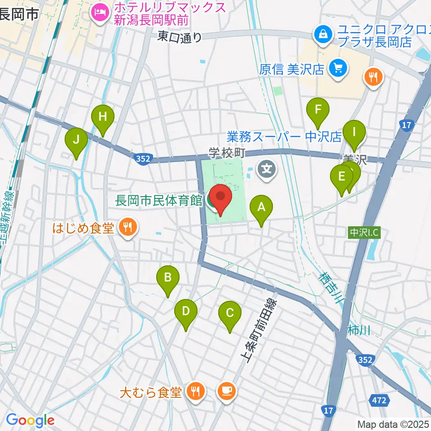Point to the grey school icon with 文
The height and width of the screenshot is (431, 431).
coord(268,169)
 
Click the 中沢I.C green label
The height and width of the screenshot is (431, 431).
coord(364,233)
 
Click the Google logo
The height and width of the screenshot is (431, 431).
coord(30,421)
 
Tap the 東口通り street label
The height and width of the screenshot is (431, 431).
coord(180,37)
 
